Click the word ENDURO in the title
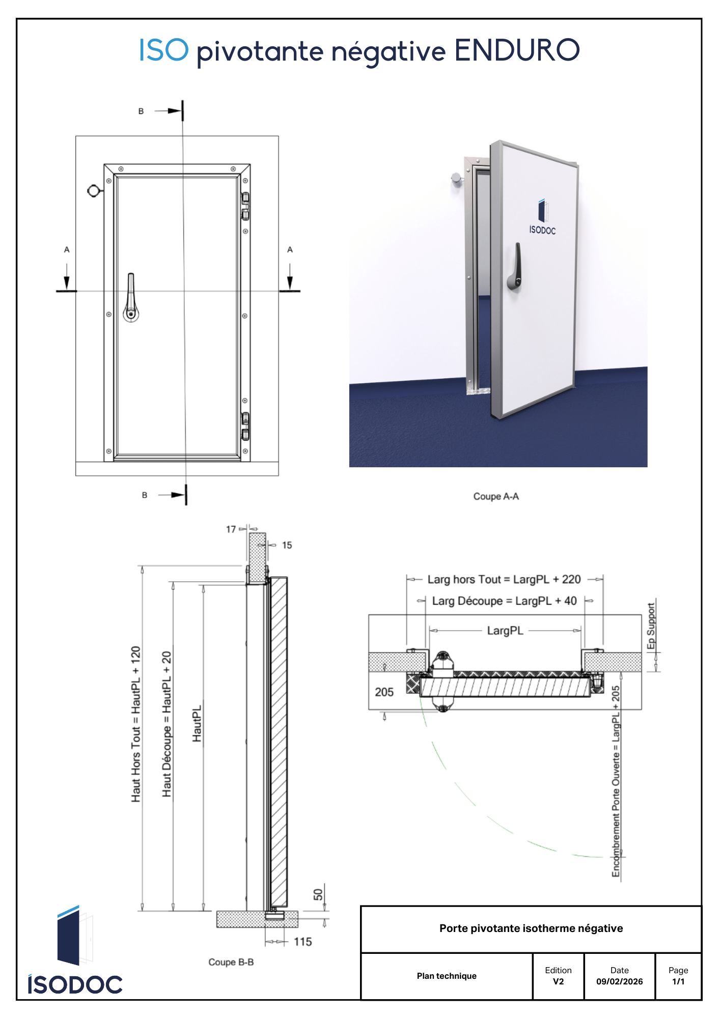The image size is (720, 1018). [516, 50]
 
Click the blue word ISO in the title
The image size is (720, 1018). [164, 50]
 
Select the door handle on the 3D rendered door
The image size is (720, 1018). [515, 267]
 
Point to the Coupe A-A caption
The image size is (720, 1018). [496, 496]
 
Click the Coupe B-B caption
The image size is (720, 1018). [231, 962]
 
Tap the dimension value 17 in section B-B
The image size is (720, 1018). [231, 529]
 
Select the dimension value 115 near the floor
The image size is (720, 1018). [302, 942]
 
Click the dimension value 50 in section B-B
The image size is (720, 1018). [318, 894]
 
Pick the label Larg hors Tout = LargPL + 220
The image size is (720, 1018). [504, 579]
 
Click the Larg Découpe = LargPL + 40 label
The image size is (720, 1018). [504, 601]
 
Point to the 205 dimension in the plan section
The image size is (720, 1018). [384, 692]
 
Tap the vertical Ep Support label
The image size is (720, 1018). [651, 626]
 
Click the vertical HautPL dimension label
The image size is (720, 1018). [197, 723]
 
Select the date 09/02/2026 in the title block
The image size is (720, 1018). [619, 981]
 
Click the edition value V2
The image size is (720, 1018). [558, 981]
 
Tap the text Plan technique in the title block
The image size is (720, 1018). [447, 976]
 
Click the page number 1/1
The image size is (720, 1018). [678, 981]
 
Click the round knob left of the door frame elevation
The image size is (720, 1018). [94, 191]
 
